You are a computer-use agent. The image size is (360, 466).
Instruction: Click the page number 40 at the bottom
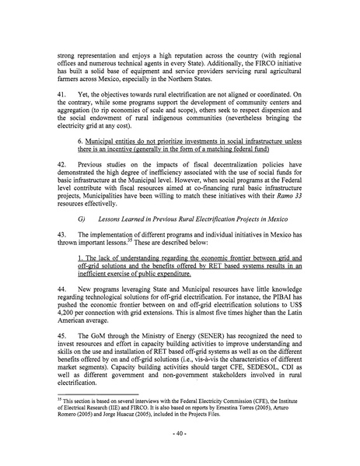coord(180,449)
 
